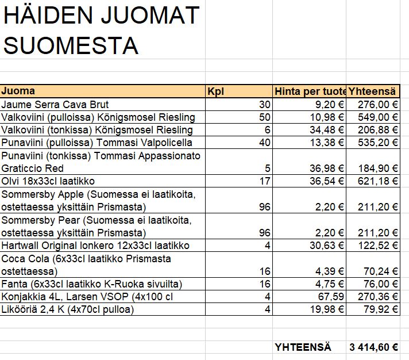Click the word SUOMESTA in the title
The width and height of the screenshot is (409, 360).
(x=71, y=45)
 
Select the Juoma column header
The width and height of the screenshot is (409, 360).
(x=18, y=91)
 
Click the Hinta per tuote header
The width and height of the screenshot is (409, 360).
(x=310, y=91)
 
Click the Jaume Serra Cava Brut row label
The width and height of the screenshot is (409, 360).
(x=55, y=105)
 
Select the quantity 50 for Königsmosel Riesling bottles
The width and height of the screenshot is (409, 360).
(x=264, y=117)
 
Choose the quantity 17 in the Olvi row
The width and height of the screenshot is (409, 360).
(x=264, y=181)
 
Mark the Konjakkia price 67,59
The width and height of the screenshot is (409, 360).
(x=329, y=297)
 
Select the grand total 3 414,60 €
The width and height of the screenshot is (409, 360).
(x=373, y=347)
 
